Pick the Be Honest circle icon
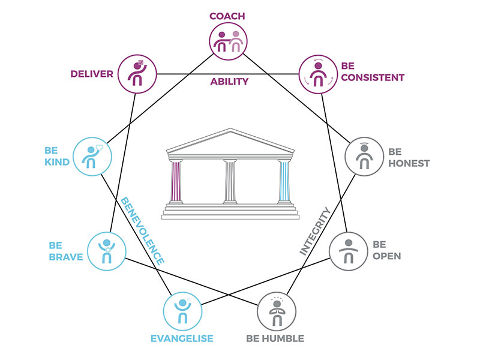tap(362, 157)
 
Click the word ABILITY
tap(229, 82)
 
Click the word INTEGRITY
tap(315, 232)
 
